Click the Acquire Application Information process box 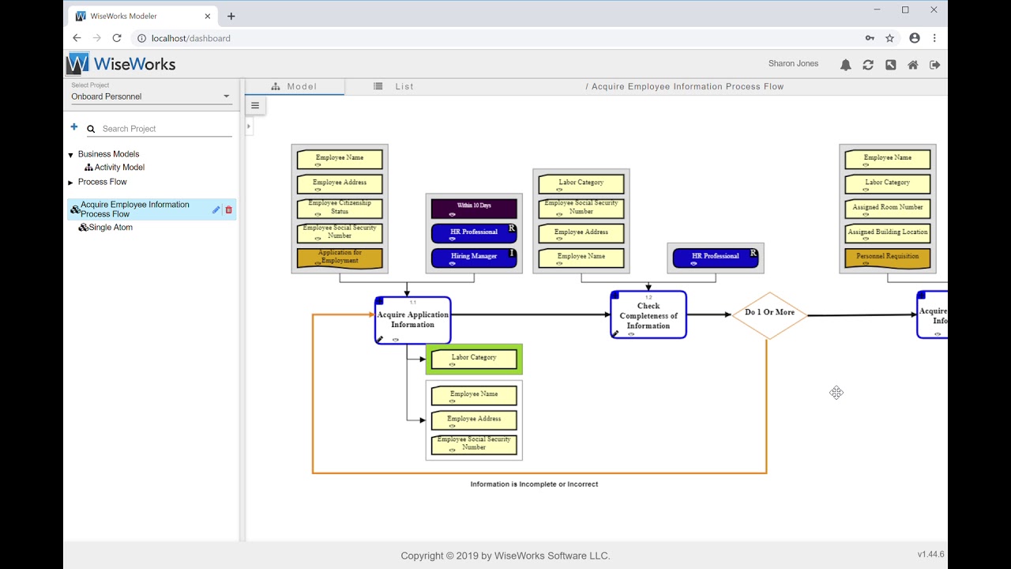point(412,319)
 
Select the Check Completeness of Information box point(648,315)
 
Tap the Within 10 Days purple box point(474,208)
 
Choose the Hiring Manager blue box point(474,258)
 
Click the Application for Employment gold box point(340,258)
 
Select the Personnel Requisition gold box point(887,258)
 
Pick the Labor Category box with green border point(474,360)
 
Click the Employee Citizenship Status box point(340,208)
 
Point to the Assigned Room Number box point(887,208)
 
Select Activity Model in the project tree point(119,168)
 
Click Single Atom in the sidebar point(111,228)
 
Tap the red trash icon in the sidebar point(229,209)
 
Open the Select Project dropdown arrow point(227,96)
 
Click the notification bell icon point(845,65)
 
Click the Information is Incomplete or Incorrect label point(534,484)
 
